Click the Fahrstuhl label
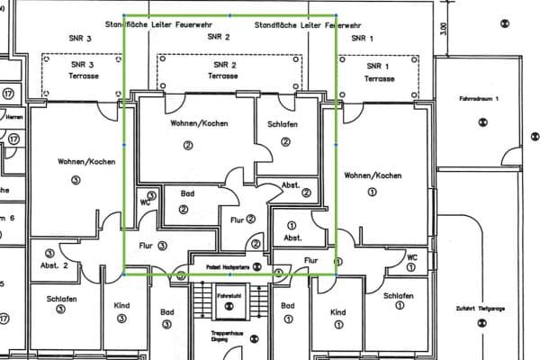[x=229, y=294]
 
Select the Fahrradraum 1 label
[x=479, y=97]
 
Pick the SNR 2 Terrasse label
[x=225, y=72]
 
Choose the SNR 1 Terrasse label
[x=379, y=72]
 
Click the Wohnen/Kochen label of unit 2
[x=187, y=123]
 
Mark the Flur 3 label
[x=149, y=244]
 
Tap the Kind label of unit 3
[x=122, y=305]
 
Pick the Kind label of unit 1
[x=338, y=311]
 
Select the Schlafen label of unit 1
[x=397, y=296]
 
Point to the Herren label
[x=13, y=117]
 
